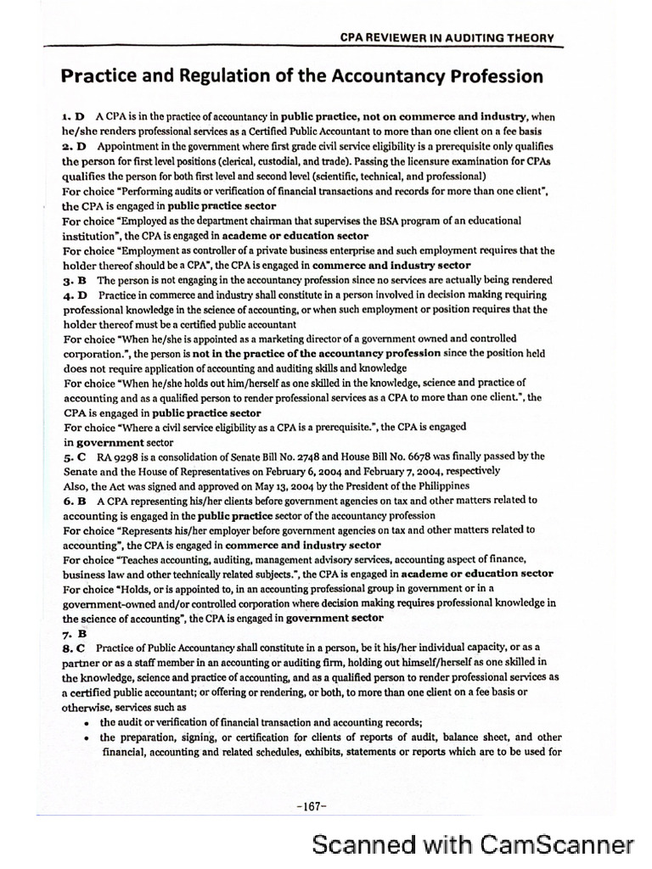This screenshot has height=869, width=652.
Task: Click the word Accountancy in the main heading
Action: point(376,76)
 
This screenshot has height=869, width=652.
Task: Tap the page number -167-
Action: point(312,806)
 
